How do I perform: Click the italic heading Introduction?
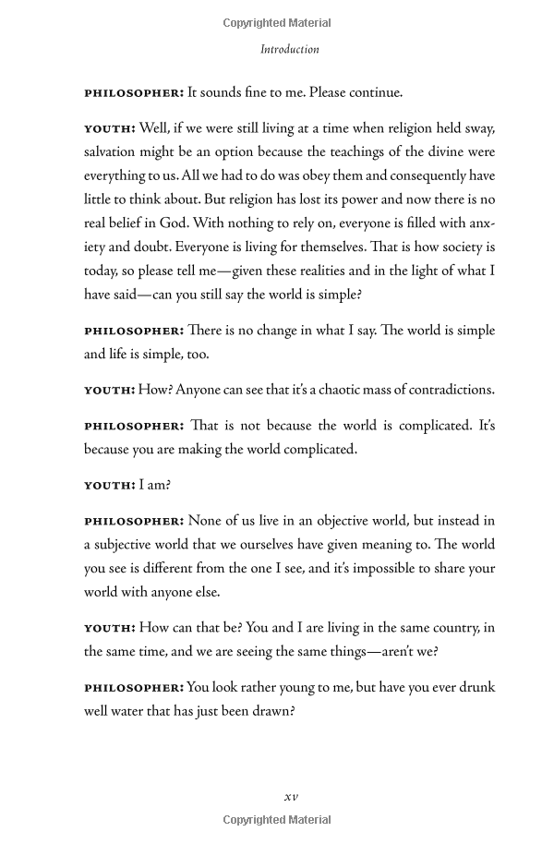[289, 49]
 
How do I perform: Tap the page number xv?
[290, 796]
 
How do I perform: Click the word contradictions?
[449, 389]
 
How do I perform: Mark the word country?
[441, 628]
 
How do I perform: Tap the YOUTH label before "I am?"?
[110, 485]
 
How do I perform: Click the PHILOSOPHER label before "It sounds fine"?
[134, 92]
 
